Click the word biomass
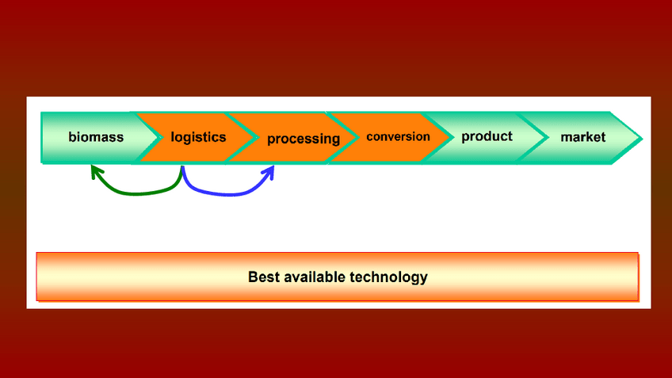point(96,137)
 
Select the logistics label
point(198,137)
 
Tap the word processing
point(304,139)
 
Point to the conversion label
point(398,136)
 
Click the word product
point(487,136)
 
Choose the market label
point(582,137)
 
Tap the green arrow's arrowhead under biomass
point(96,170)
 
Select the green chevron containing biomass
point(63,151)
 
